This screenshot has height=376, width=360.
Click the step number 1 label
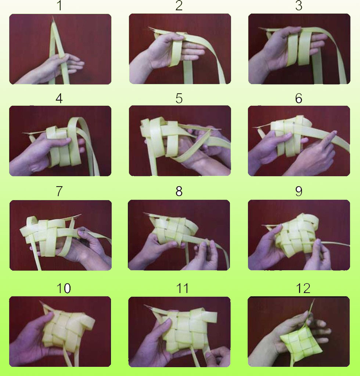click(x=60, y=6)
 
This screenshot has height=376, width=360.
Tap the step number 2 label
click(x=179, y=6)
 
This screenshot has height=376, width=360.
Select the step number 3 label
click(x=299, y=6)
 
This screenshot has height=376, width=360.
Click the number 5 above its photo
click(x=179, y=98)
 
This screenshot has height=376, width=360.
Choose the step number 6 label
click(x=299, y=98)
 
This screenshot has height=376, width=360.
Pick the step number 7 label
click(x=60, y=191)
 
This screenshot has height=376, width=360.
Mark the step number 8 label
click(x=179, y=191)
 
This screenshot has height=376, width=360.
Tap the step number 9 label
click(x=299, y=191)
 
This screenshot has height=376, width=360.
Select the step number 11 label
click(x=183, y=289)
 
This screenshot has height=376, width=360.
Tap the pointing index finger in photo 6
click(x=329, y=138)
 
